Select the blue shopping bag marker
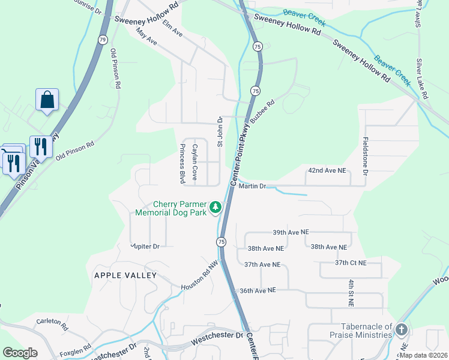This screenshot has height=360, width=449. click(x=47, y=100)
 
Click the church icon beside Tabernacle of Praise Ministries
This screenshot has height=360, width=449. click(x=402, y=329)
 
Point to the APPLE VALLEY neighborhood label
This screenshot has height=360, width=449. click(x=125, y=275)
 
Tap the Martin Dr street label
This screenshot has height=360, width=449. click(x=252, y=187)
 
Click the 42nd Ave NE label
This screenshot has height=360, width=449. click(x=327, y=171)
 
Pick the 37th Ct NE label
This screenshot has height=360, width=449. click(x=351, y=263)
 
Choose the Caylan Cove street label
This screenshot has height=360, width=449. click(x=194, y=162)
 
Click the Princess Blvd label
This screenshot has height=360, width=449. click(x=181, y=163)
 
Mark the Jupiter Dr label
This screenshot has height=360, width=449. click(x=145, y=246)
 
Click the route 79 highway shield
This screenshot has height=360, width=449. click(x=103, y=40)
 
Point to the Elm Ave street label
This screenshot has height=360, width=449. click(x=172, y=31)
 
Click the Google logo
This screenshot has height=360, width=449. click(x=20, y=353)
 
